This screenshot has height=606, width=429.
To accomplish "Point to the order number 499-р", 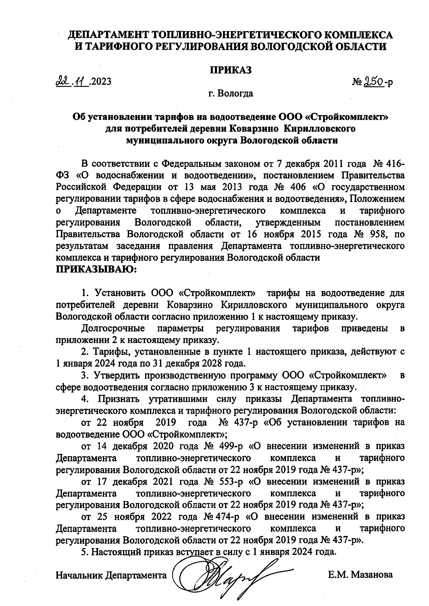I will point(229,446).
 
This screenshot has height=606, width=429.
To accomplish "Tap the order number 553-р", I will point(229,482).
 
